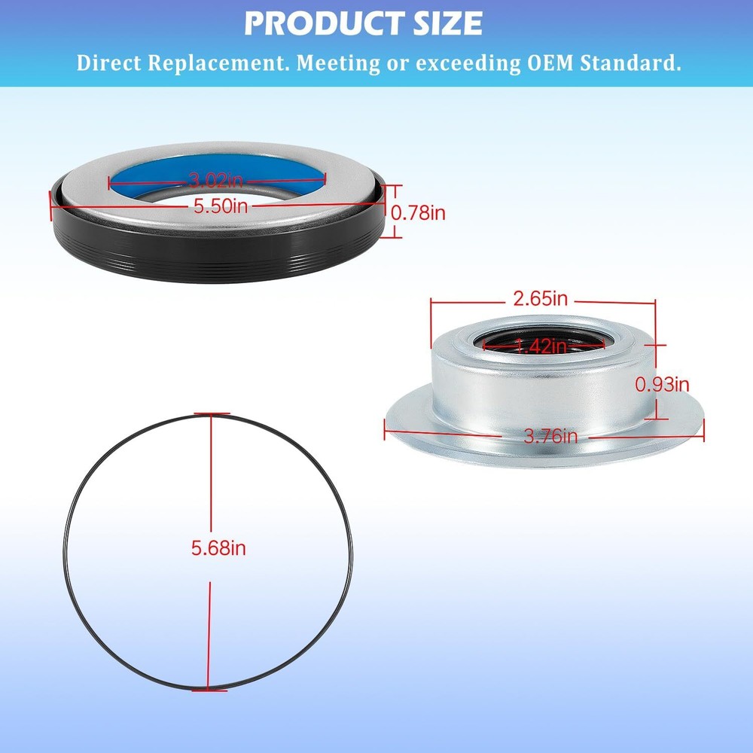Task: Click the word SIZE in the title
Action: (x=448, y=23)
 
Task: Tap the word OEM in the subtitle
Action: (x=550, y=63)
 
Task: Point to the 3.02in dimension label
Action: (x=215, y=181)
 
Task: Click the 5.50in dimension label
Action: (x=221, y=206)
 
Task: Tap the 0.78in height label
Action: (x=418, y=212)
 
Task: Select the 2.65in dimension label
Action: (x=540, y=299)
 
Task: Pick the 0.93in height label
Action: (x=662, y=384)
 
